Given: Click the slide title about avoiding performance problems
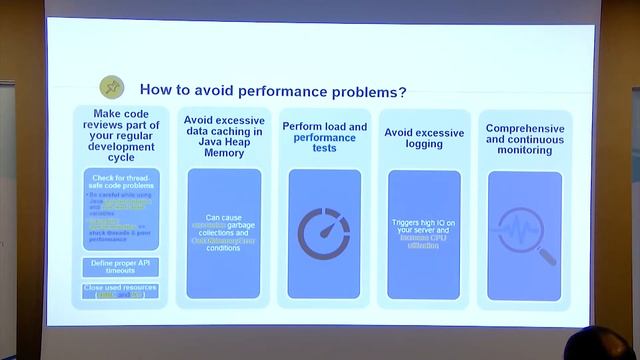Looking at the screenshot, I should pos(272,91).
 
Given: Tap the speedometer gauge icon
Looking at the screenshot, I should pos(324,234).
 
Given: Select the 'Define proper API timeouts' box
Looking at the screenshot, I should pos(121,267).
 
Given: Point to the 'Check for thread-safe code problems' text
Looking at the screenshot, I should pos(121,181).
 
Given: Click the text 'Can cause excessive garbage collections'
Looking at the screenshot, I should pos(224,226).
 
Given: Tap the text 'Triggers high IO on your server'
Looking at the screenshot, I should pos(424,228).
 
